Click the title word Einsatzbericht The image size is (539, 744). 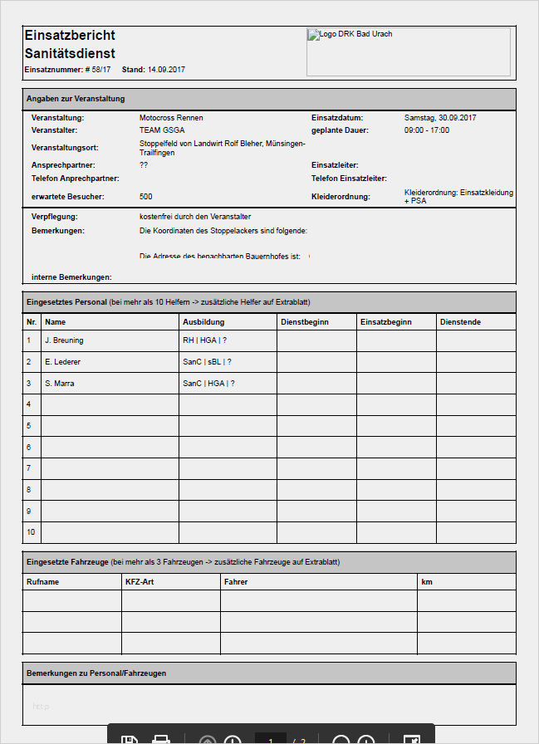click(x=70, y=35)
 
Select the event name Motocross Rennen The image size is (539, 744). click(x=171, y=118)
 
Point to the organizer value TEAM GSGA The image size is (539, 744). click(x=162, y=130)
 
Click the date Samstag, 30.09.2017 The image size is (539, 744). click(x=440, y=118)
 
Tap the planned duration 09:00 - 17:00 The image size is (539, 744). click(x=426, y=130)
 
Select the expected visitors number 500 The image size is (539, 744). click(x=146, y=197)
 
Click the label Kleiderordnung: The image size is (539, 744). click(x=341, y=197)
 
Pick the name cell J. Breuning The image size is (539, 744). click(x=64, y=340)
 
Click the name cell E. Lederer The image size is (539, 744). click(x=62, y=362)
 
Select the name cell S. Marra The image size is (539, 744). click(x=59, y=384)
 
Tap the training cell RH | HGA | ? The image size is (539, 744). click(x=204, y=340)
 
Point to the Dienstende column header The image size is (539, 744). click(x=460, y=321)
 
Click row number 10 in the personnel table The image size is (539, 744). click(x=31, y=532)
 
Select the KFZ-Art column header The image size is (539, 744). click(x=140, y=582)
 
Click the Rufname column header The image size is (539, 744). click(x=43, y=582)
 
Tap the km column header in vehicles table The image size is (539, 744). click(x=427, y=582)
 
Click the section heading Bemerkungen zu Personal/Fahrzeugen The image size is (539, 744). click(x=96, y=673)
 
